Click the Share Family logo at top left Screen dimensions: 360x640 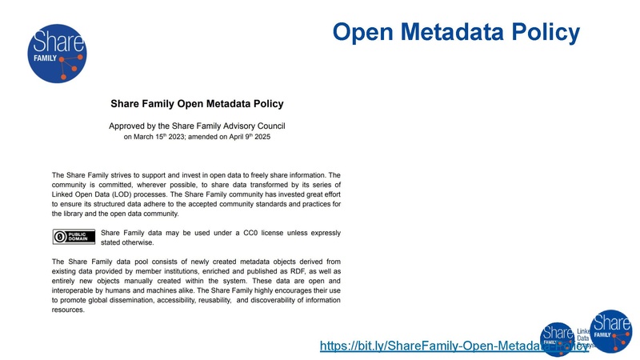[x=56, y=54]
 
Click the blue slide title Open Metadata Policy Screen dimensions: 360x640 [x=455, y=32]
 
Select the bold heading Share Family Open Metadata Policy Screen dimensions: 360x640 [x=197, y=103]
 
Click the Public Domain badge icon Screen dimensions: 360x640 [x=74, y=236]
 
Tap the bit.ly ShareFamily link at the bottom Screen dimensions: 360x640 [x=452, y=346]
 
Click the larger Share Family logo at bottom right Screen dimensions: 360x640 [x=610, y=331]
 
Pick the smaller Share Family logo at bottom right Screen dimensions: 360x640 [x=558, y=338]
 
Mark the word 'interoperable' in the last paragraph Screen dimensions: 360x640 [x=77, y=290]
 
